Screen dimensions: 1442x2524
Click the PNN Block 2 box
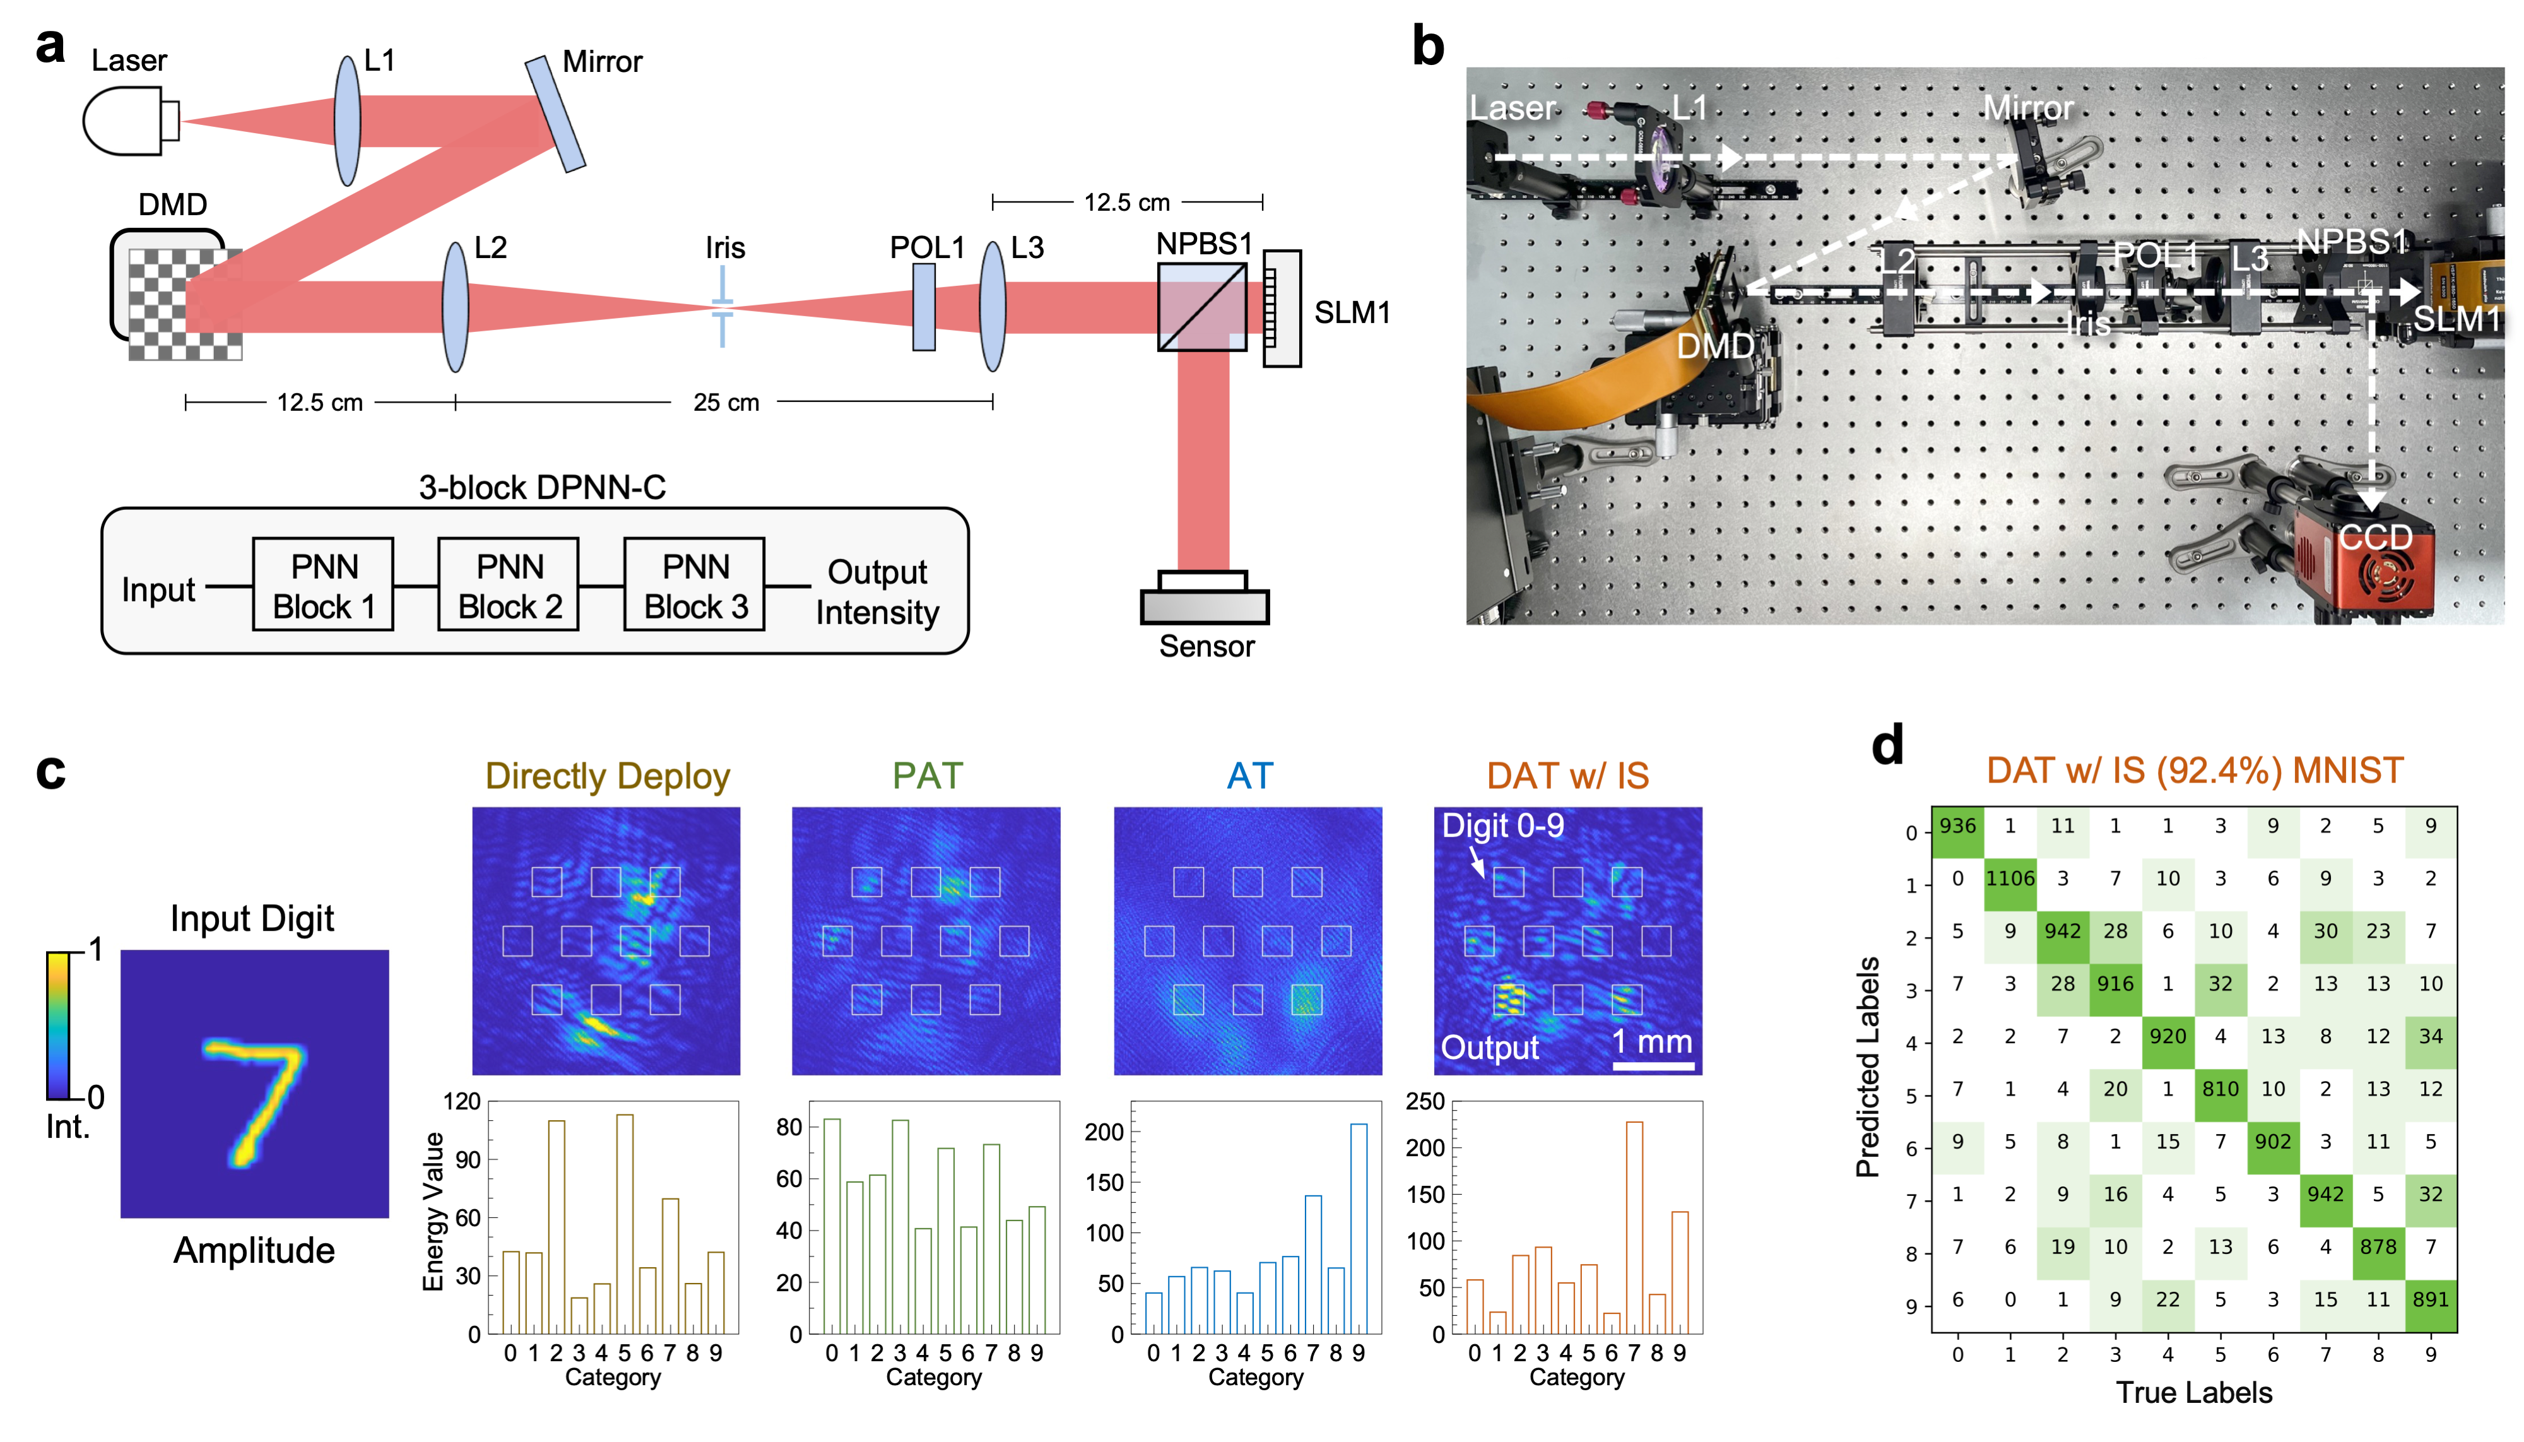(509, 585)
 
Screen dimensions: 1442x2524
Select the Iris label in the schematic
(725, 247)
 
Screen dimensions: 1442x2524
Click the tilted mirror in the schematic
(555, 114)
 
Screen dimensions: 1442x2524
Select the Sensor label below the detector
(1206, 647)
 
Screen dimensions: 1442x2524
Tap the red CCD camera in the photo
(2366, 569)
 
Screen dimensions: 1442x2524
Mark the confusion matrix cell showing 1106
(2010, 878)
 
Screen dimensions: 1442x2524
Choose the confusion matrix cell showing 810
(2220, 1089)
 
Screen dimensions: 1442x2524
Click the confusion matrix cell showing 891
(2431, 1299)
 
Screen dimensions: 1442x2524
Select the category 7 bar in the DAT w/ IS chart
(1634, 1228)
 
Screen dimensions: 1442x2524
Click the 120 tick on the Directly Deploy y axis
(461, 1101)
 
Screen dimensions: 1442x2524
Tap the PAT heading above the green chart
(927, 776)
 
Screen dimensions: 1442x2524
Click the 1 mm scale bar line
(1653, 1067)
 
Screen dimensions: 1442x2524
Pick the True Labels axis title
(2193, 1393)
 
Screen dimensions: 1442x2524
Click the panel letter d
(1887, 745)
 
